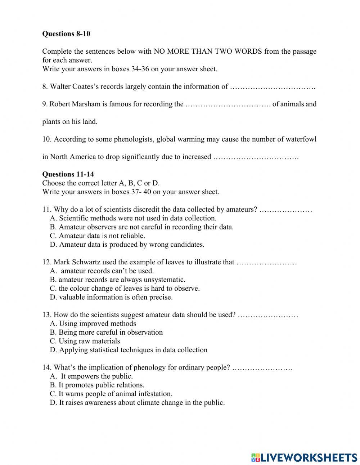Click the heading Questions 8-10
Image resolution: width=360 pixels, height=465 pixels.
pos(66,34)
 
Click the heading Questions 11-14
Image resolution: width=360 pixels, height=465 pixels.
pos(68,174)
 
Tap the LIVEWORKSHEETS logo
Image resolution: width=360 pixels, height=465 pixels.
pos(304,457)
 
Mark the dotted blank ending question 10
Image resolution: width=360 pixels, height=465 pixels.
pos(256,157)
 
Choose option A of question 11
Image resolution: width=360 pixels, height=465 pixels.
pos(133,218)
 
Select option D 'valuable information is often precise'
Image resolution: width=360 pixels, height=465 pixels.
pos(111,298)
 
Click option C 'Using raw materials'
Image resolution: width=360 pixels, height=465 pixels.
pos(85,341)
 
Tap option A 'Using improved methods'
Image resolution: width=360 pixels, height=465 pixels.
pos(93,324)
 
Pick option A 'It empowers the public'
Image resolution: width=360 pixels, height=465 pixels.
pos(91,376)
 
